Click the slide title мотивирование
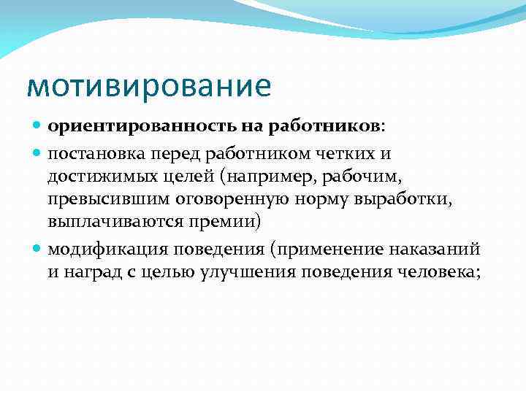click(x=148, y=85)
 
